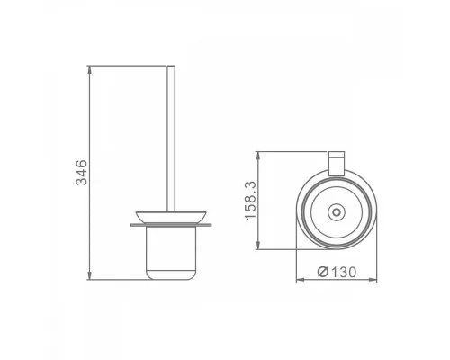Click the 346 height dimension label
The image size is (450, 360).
point(82,173)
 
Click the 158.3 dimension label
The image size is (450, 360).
point(250,201)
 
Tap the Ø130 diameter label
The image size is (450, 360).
point(337,272)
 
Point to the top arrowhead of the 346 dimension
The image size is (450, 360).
point(89,69)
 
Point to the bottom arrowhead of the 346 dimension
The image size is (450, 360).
point(89,275)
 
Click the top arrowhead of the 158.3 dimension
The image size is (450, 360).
point(258,156)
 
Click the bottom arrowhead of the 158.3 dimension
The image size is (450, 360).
point(258,245)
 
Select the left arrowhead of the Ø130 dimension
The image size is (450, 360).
point(301,280)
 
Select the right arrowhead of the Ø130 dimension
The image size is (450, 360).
point(373,280)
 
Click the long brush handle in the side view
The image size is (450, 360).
point(171,139)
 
